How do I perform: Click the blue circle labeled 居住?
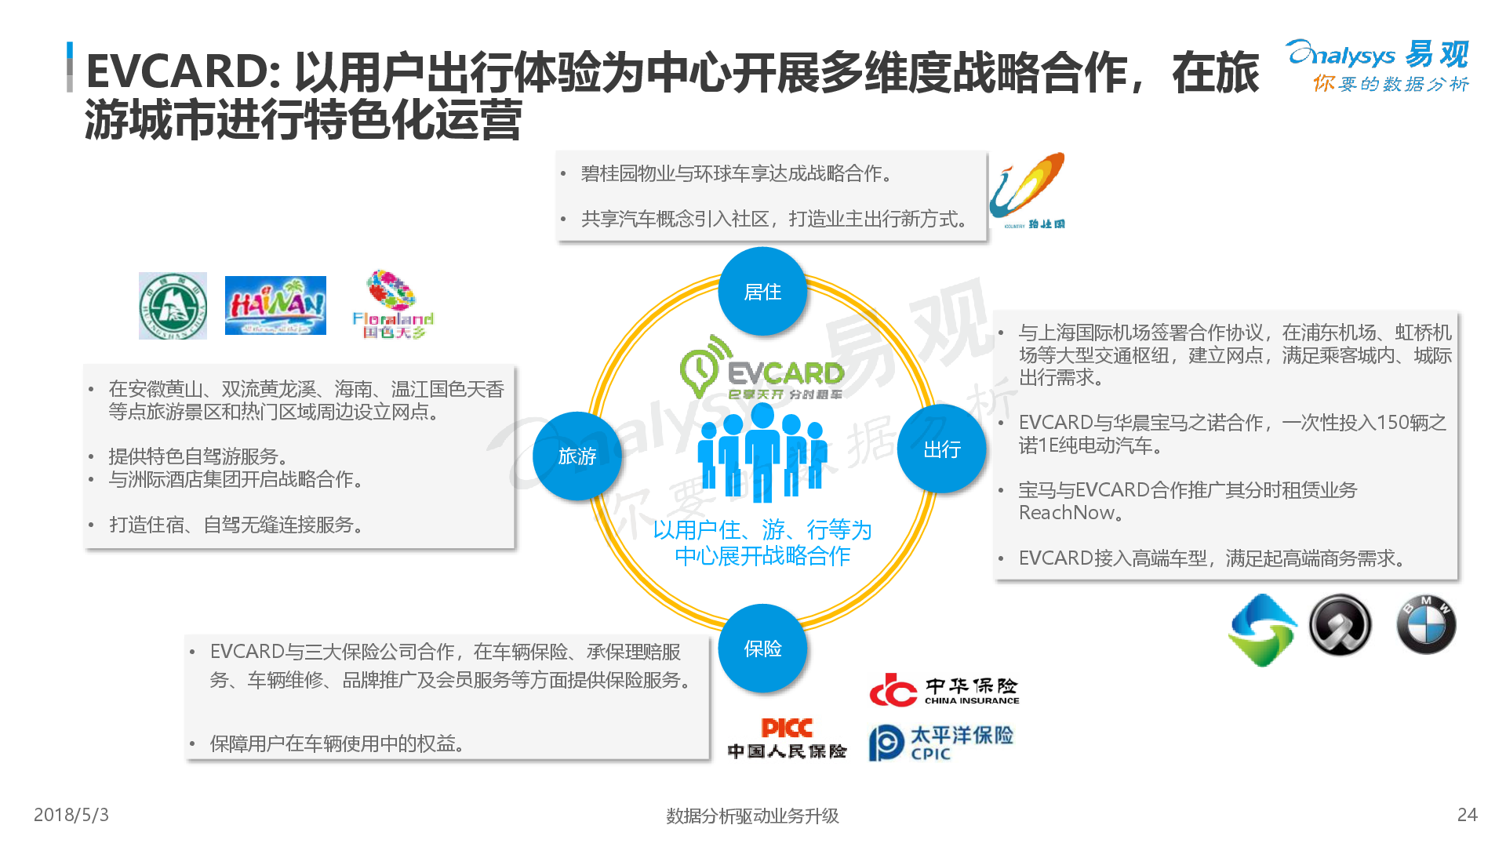coord(762,292)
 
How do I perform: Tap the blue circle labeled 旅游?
coord(577,456)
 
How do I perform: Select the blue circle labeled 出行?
coord(941,449)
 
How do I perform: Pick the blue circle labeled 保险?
coord(762,649)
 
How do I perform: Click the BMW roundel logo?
coord(1426,625)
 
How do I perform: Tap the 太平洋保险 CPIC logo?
coord(940,742)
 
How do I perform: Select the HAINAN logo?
coord(275,305)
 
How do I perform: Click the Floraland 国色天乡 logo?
coord(393,304)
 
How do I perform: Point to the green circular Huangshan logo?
coord(173,306)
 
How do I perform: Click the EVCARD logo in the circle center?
coord(762,371)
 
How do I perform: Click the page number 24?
coord(1467,815)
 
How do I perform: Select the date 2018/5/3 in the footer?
coord(71,815)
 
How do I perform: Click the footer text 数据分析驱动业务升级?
coord(752,816)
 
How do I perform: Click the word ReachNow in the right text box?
coord(1066,513)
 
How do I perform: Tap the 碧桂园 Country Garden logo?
coord(1028,191)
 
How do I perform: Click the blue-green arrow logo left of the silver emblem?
coord(1262,629)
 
